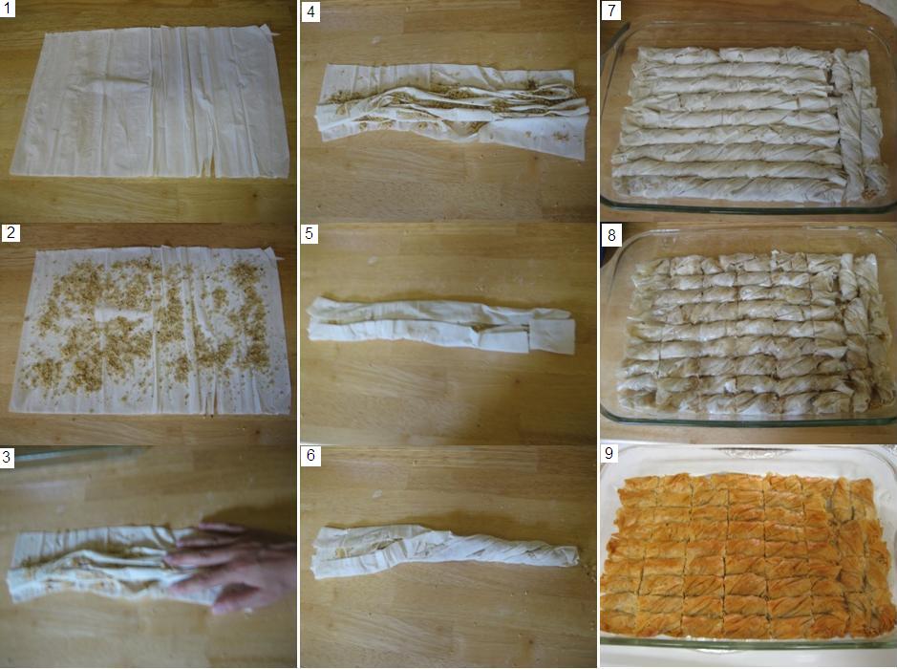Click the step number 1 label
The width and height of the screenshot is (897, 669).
pos(8,9)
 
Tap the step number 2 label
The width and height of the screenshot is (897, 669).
pos(11,233)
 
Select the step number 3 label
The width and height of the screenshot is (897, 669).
pos(8,457)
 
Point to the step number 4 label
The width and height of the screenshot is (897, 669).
pos(310,11)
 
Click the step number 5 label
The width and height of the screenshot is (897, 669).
pos(309,234)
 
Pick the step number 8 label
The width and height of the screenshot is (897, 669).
pos(611,235)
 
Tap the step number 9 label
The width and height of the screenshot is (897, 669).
pos(609,453)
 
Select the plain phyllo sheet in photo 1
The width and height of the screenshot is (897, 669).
pos(150,102)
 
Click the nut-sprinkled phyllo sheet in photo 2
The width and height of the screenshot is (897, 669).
pos(150,331)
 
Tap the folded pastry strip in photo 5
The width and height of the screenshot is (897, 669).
pos(440,325)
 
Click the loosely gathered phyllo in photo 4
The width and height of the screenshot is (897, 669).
pos(452,112)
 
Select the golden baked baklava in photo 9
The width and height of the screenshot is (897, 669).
pos(748,556)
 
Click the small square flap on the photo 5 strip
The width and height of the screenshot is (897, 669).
pos(551,336)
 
